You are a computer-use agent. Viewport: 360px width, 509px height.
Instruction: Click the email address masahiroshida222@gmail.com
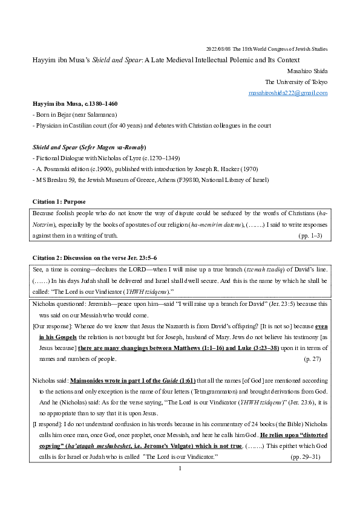coord(288,93)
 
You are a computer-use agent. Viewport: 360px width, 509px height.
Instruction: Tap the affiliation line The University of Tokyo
coord(296,82)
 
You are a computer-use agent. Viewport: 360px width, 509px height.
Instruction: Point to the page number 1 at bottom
coord(180,485)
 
